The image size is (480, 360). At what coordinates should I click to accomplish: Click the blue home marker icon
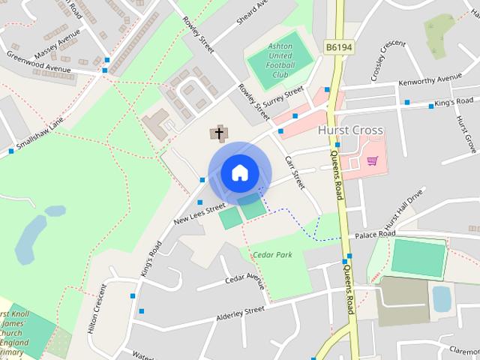coord(239,172)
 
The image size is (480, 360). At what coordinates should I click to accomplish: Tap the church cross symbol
coord(219,134)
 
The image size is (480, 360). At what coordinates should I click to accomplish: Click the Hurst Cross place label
coord(350,130)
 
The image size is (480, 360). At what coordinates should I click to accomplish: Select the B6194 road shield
coord(339,46)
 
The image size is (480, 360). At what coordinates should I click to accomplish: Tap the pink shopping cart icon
coord(372,160)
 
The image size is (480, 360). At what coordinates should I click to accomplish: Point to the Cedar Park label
coord(272,255)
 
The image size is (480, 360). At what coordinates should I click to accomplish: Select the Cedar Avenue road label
coord(245,281)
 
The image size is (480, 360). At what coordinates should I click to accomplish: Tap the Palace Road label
coord(375,235)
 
